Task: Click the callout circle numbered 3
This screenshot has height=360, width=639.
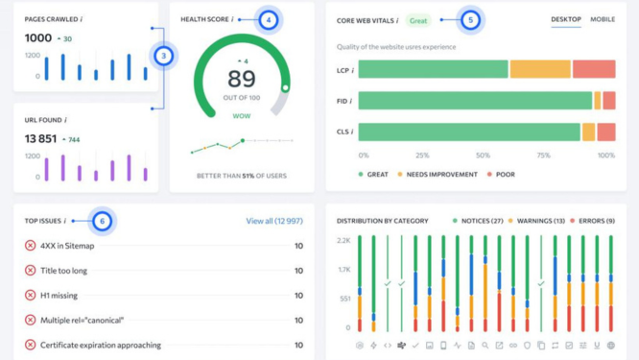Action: (x=164, y=56)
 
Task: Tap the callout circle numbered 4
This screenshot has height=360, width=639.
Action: (x=268, y=20)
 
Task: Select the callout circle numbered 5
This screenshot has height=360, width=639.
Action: (x=471, y=20)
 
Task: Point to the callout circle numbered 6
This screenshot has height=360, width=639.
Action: (x=103, y=221)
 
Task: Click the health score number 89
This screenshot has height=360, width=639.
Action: (x=242, y=79)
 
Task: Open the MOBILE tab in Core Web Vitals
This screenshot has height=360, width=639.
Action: (x=603, y=19)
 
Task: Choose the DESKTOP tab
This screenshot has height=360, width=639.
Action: (x=566, y=19)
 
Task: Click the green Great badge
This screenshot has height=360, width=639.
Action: (x=418, y=21)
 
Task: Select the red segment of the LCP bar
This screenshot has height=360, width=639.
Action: (x=594, y=69)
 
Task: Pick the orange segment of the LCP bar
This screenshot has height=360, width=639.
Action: (x=540, y=69)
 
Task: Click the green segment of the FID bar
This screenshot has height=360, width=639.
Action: (x=475, y=101)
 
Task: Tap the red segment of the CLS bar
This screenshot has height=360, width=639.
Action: (x=606, y=132)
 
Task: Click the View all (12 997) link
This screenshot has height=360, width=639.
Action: (x=274, y=221)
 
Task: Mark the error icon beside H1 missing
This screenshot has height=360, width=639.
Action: (x=30, y=295)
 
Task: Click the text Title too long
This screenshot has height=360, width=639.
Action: (x=63, y=271)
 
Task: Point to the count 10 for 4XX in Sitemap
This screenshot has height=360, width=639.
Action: (x=298, y=246)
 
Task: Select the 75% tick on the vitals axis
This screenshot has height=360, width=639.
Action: (x=544, y=156)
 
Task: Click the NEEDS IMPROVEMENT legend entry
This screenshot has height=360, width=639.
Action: (x=438, y=175)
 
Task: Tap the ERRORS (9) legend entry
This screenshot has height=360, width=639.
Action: (x=592, y=221)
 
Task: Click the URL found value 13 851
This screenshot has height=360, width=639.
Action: (x=40, y=139)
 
